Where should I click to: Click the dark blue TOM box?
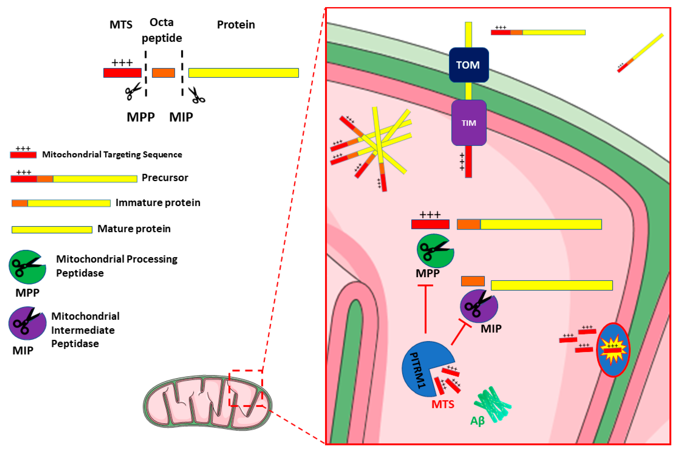click(469, 65)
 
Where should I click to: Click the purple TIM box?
click(469, 123)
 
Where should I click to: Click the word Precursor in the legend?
click(165, 178)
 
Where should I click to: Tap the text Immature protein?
click(158, 203)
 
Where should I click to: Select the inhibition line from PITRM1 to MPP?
click(425, 309)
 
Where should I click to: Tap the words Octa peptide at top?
click(162, 30)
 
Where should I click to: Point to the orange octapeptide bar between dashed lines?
click(163, 73)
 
